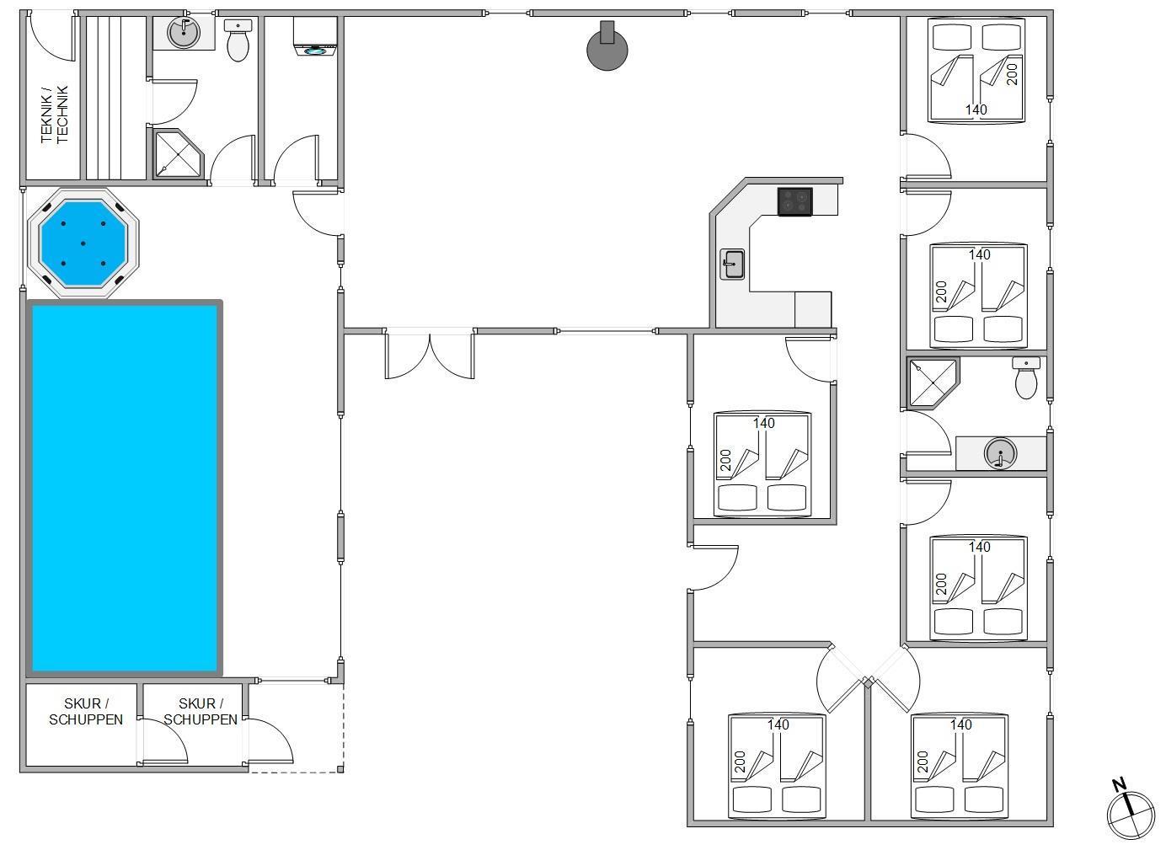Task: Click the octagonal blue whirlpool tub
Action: (83, 243)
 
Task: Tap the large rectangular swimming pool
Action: (125, 489)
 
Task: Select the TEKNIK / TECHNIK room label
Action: (54, 115)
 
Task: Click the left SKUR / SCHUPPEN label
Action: (86, 712)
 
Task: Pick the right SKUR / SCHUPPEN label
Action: (201, 712)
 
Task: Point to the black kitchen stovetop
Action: (794, 202)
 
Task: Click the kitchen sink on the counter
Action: (732, 264)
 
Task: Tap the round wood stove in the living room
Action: (607, 47)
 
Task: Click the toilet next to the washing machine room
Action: (238, 40)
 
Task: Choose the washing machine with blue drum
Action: (315, 36)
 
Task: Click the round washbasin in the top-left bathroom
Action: (183, 33)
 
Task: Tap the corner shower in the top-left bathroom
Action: (178, 153)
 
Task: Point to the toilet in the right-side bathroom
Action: (1026, 377)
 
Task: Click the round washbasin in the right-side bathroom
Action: (1000, 453)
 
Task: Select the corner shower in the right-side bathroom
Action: (933, 382)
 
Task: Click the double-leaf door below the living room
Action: (430, 354)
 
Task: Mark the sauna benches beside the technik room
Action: (115, 98)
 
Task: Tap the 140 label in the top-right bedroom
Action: (976, 110)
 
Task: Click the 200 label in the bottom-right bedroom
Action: (923, 762)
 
